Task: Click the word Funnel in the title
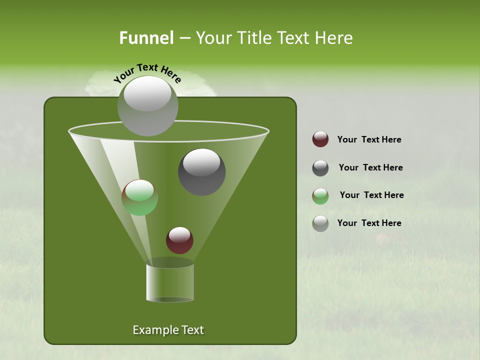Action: pyautogui.click(x=146, y=38)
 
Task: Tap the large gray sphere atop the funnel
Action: pyautogui.click(x=147, y=106)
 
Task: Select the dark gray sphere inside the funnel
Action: pyautogui.click(x=201, y=172)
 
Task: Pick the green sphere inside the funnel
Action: pyautogui.click(x=139, y=197)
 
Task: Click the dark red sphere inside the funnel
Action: pyautogui.click(x=179, y=240)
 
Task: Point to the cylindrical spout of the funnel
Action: pyautogui.click(x=170, y=282)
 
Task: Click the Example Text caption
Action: pyautogui.click(x=168, y=330)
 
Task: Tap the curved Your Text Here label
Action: pyautogui.click(x=147, y=72)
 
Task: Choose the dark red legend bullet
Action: pyautogui.click(x=320, y=139)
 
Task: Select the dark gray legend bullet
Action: pyautogui.click(x=320, y=168)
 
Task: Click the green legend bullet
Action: pyautogui.click(x=320, y=196)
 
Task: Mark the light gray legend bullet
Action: pyautogui.click(x=320, y=223)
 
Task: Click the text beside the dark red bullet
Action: pyautogui.click(x=369, y=139)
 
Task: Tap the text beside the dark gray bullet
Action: pyautogui.click(x=370, y=167)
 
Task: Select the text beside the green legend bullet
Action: pyautogui.click(x=371, y=195)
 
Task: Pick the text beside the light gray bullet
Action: pyautogui.click(x=369, y=223)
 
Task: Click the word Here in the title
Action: pyautogui.click(x=334, y=38)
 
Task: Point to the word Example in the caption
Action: pyautogui.click(x=152, y=330)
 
